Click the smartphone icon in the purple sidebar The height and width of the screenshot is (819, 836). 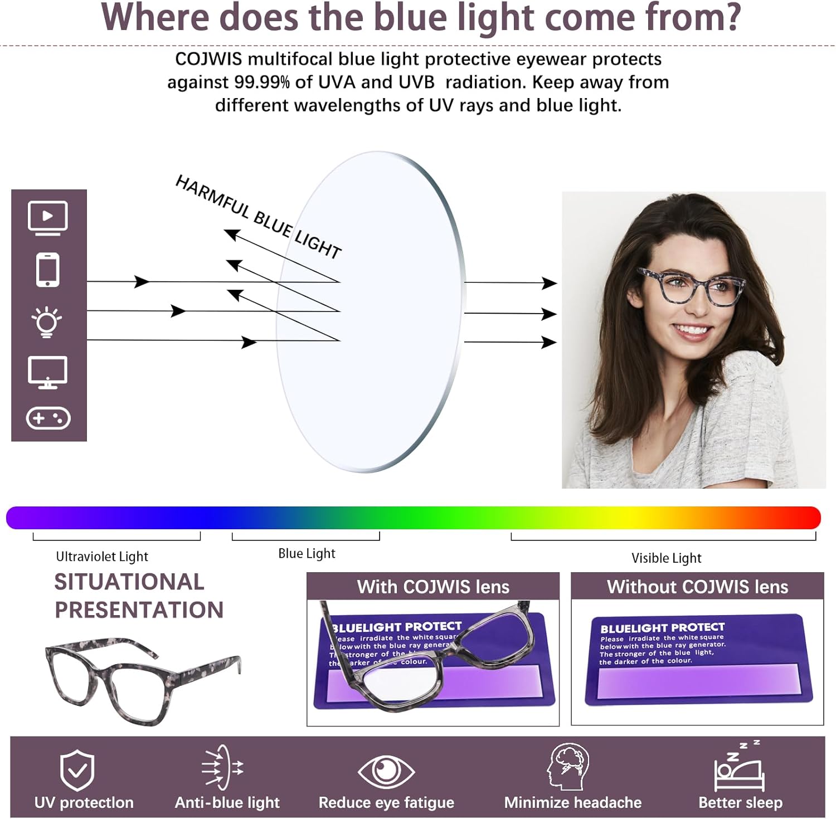48,270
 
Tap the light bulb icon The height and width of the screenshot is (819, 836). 47,321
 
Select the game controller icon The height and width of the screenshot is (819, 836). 48,418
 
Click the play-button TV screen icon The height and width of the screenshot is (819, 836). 48,217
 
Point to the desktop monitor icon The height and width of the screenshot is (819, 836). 48,372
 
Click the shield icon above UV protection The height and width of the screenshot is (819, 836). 77,770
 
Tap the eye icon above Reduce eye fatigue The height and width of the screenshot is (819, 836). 386,771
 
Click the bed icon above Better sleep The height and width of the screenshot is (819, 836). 739,769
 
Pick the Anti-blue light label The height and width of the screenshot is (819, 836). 227,802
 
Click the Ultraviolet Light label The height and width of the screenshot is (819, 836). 102,557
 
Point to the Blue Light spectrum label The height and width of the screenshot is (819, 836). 307,553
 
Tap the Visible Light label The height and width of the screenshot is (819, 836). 666,558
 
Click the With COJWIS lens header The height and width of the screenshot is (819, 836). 433,587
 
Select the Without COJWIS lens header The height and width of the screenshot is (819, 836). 697,587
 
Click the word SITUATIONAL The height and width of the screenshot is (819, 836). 129,582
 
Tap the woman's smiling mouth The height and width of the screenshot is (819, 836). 691,330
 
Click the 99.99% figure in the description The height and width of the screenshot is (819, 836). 262,82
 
